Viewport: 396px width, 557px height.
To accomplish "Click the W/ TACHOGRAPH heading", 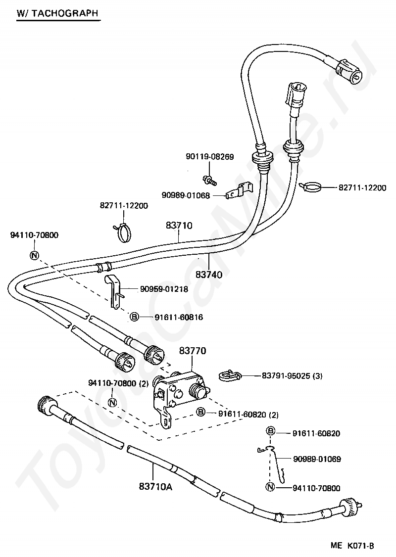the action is point(57,13).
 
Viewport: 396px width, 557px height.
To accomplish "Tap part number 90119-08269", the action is point(210,157).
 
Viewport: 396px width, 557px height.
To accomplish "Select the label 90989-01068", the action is point(186,195).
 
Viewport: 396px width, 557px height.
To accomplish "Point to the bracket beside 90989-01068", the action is point(238,191).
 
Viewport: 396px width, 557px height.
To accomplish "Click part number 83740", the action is point(209,275).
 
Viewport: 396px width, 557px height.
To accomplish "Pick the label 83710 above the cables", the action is point(179,225).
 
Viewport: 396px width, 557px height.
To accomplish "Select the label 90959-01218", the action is point(164,289).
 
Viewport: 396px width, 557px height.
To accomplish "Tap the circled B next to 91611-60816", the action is point(134,317).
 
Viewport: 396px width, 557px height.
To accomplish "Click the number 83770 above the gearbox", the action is point(193,351).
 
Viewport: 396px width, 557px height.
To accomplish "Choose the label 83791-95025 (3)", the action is point(292,375).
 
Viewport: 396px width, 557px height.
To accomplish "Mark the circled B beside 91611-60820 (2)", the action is point(201,412).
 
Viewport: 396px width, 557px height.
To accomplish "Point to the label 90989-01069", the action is point(317,460).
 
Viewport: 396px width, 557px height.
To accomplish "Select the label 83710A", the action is point(155,487).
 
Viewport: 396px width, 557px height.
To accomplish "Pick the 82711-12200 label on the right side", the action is point(362,187).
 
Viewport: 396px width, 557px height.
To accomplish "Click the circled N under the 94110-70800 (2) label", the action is point(112,402).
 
